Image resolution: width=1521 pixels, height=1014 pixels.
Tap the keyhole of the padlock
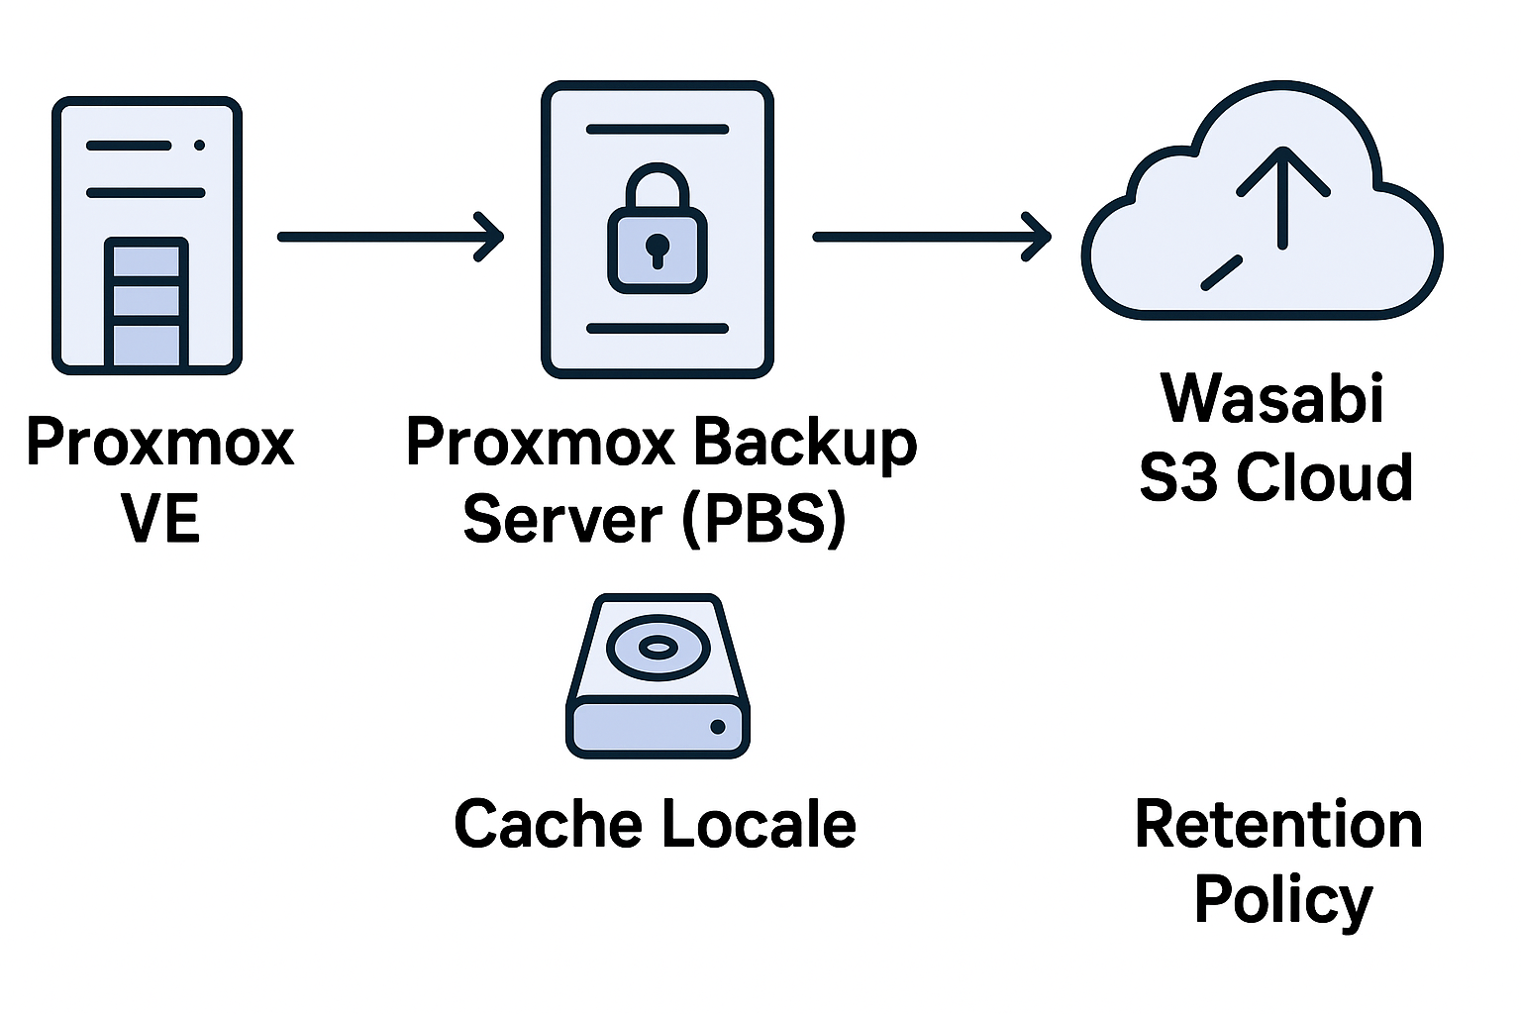coord(657,247)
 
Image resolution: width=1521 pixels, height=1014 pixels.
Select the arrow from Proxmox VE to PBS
coord(390,237)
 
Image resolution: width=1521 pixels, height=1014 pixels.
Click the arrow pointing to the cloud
coord(931,238)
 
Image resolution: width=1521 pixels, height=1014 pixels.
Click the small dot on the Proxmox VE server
coord(199,146)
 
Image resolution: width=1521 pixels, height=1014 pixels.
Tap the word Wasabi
coord(1271,398)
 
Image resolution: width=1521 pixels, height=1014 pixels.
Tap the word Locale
coord(757,824)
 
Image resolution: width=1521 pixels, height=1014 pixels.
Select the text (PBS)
coord(763,519)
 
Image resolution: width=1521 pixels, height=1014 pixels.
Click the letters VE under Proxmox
coord(160,519)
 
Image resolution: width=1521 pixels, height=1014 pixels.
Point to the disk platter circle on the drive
coord(657,648)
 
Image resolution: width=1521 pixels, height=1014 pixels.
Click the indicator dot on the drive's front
coord(718,727)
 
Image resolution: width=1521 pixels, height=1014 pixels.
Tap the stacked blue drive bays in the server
coord(147,302)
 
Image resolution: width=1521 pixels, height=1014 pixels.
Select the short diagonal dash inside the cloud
coord(1221,272)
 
